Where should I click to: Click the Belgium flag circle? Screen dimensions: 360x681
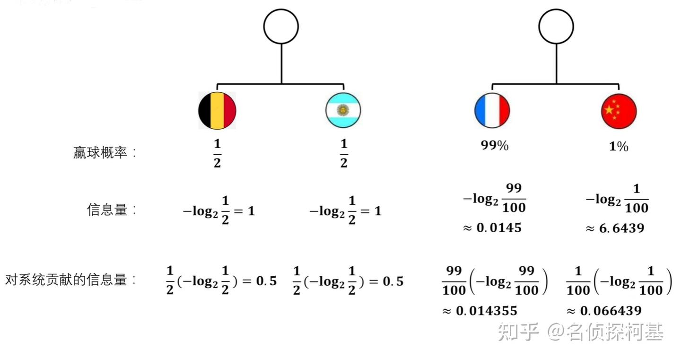coord(217,111)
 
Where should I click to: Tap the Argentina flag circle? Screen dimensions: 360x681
coord(343,111)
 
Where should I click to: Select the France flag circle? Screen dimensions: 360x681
coord(492,111)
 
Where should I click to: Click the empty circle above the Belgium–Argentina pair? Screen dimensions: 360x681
coord(281,26)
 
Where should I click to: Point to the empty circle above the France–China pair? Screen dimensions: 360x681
coord(557,26)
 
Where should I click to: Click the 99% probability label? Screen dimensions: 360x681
coord(494,146)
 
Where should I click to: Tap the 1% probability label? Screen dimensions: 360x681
coord(619,147)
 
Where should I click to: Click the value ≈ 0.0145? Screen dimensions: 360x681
coord(492,228)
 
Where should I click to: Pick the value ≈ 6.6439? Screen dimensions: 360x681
coord(615,228)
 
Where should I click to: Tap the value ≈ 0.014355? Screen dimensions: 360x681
coord(480,311)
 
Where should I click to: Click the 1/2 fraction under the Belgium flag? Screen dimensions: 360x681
coord(217,153)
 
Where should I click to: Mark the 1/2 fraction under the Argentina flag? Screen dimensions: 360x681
coord(344,153)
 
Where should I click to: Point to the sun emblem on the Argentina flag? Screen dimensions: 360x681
coord(342,111)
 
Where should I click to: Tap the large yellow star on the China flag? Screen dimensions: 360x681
coord(610,109)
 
